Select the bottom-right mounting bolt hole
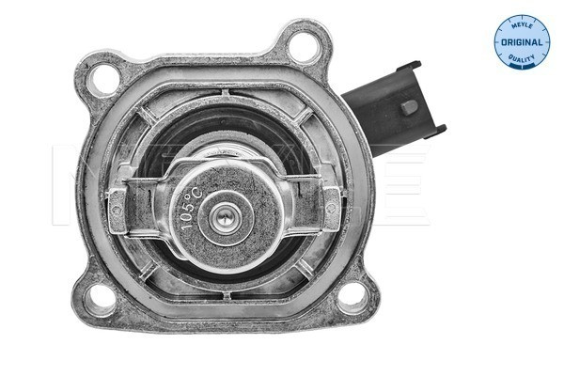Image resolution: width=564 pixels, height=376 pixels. click(354, 299)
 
